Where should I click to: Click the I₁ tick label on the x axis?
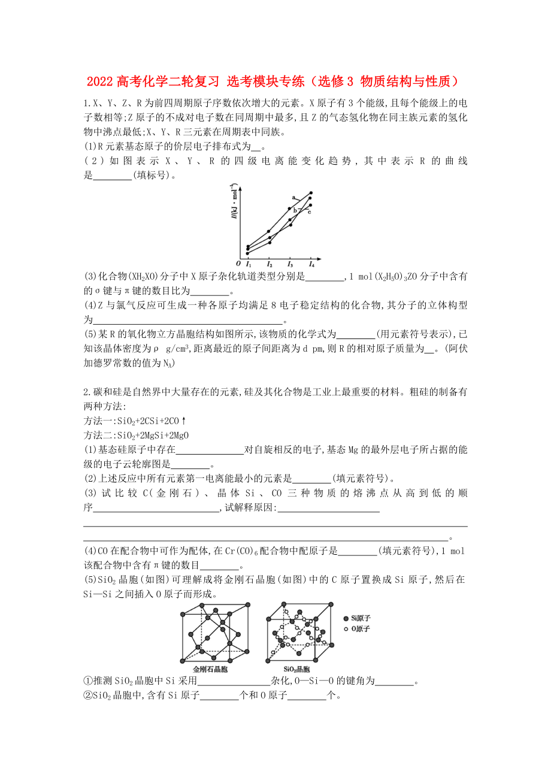(x=249, y=264)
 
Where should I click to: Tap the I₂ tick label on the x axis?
(x=270, y=264)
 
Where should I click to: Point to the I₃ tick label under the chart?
(x=290, y=264)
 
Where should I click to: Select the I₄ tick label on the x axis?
(x=311, y=264)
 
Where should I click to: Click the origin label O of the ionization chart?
(x=238, y=264)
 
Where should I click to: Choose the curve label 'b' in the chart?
(x=295, y=210)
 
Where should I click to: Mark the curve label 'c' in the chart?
(x=309, y=211)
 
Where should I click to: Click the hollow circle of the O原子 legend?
(x=346, y=628)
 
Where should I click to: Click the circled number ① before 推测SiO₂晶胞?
(x=87, y=681)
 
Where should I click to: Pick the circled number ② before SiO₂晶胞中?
(x=87, y=696)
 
